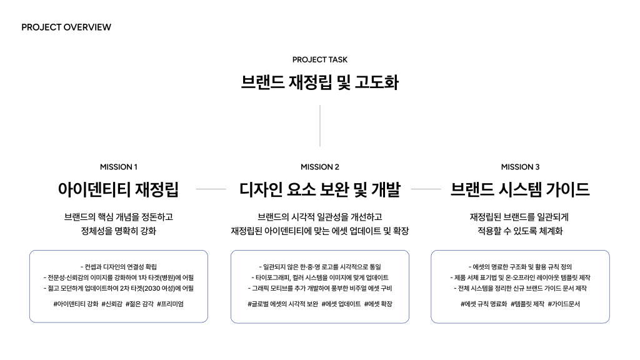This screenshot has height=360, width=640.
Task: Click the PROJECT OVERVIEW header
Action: tap(66, 27)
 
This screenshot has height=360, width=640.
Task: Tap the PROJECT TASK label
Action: tap(320, 60)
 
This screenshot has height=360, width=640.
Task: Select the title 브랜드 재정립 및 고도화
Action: tap(320, 82)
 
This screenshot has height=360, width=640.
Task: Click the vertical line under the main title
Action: tap(320, 126)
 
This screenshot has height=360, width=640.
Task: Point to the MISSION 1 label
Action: tap(119, 167)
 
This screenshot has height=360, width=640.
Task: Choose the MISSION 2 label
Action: tap(320, 167)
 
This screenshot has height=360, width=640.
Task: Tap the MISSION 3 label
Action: tap(520, 167)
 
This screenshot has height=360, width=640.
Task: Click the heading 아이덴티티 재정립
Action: tap(119, 189)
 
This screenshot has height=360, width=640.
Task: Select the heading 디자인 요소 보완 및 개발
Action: tap(320, 189)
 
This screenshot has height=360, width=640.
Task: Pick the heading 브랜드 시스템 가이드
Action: tap(520, 189)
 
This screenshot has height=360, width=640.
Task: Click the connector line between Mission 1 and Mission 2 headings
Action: tap(211, 189)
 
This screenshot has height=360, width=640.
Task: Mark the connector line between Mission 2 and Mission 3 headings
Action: tap(426, 189)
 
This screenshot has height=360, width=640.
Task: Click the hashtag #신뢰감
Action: tap(111, 304)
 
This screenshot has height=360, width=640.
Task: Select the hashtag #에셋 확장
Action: tap(379, 304)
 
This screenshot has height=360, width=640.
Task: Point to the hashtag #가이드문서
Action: tap(564, 304)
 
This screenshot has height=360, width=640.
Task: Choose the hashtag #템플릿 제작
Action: tap(527, 304)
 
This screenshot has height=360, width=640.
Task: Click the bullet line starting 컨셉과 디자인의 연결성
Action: tap(119, 267)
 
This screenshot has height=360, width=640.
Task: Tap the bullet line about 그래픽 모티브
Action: tap(320, 288)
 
